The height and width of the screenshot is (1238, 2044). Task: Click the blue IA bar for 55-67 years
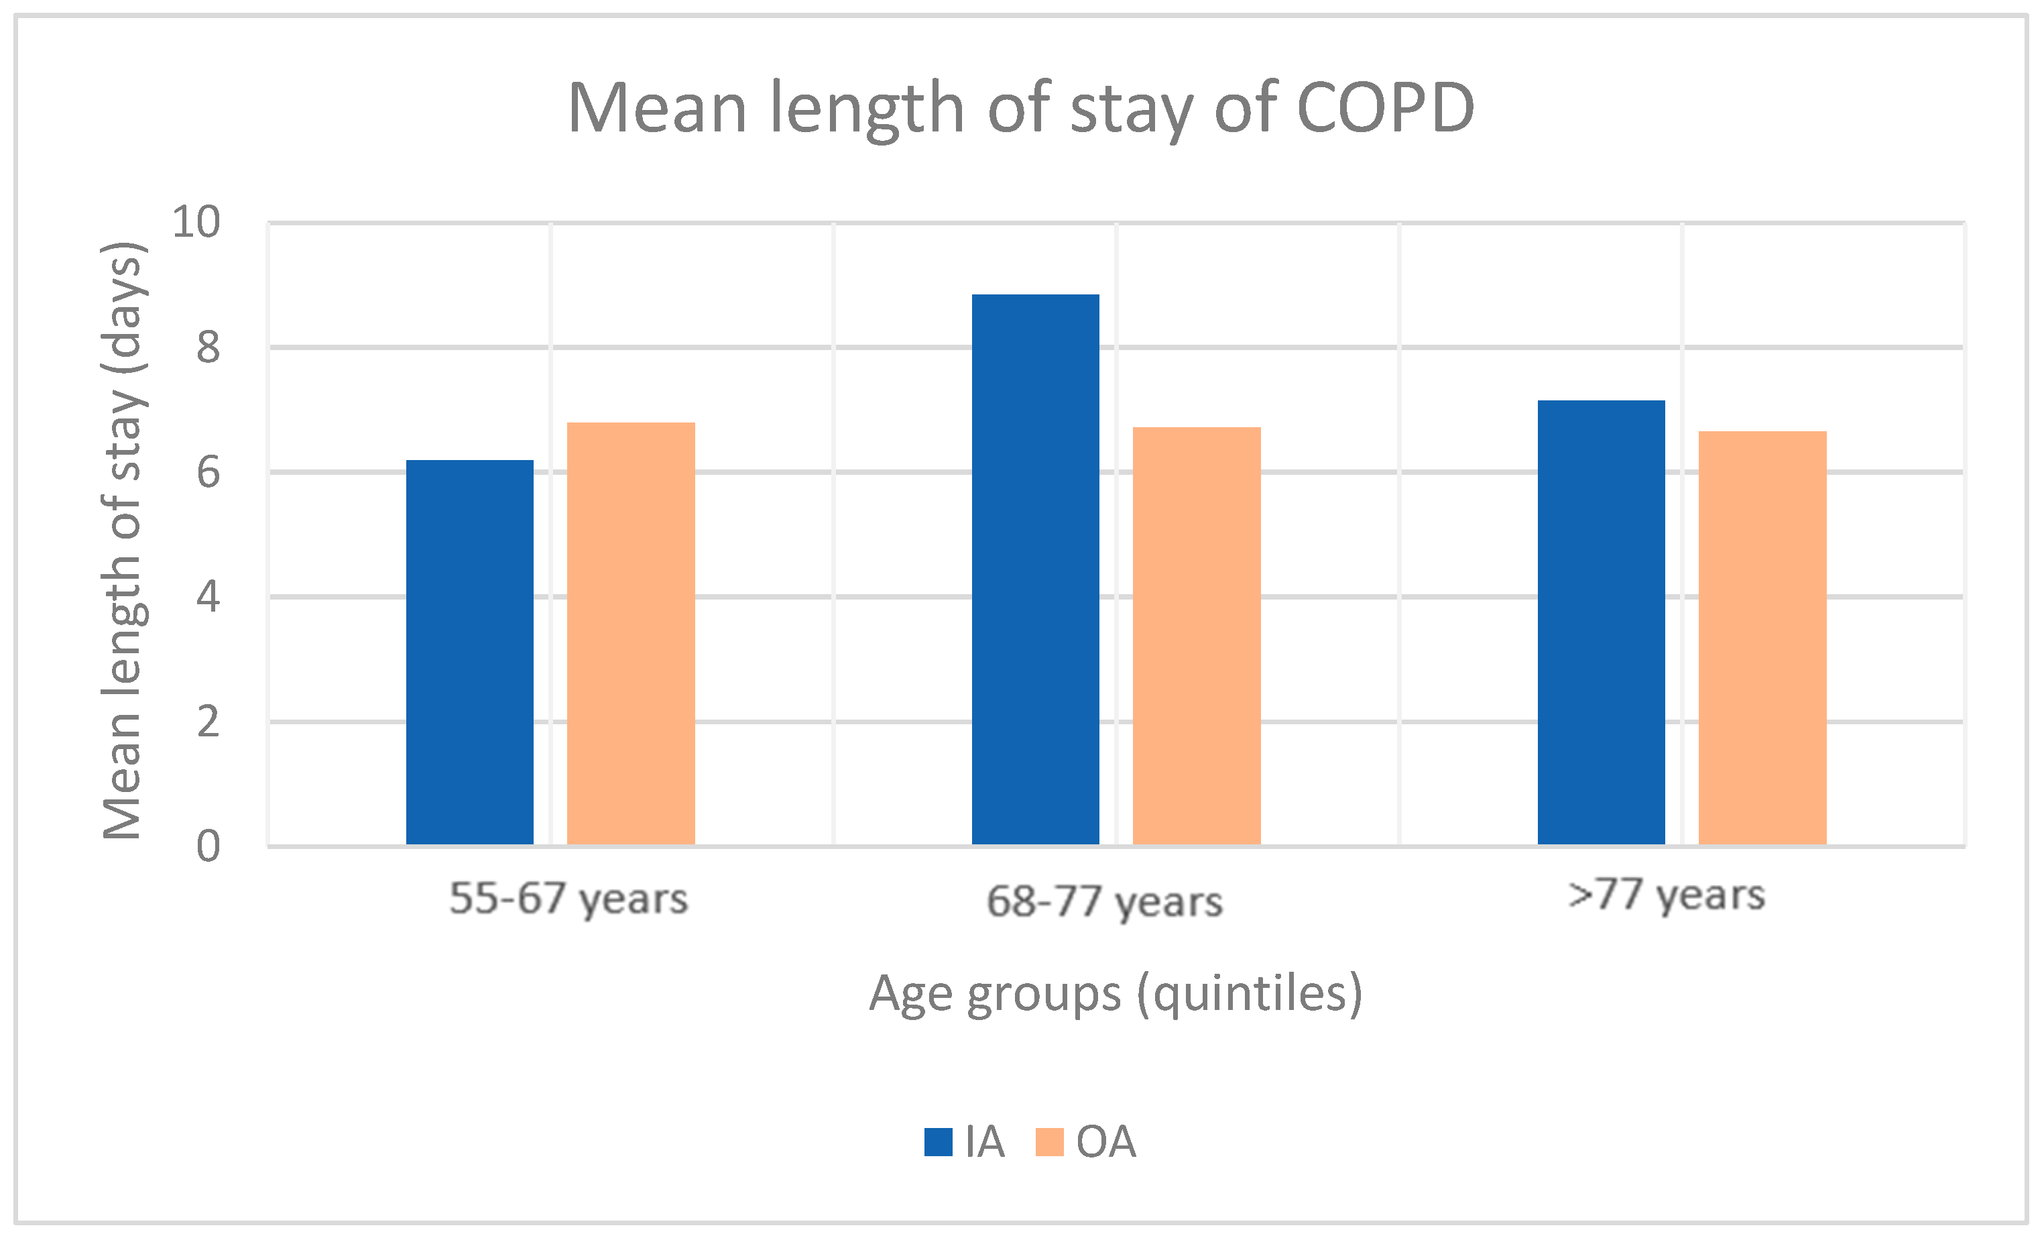[x=469, y=652]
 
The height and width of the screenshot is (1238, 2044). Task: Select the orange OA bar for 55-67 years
[x=630, y=633]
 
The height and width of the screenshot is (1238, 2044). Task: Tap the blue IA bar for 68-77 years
[x=1035, y=569]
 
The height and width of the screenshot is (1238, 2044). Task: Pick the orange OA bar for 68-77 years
[x=1196, y=636]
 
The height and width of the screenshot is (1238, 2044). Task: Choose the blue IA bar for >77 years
[x=1601, y=622]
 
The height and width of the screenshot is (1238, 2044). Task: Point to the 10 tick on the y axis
[x=196, y=223]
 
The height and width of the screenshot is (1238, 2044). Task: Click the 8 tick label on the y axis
[x=208, y=347]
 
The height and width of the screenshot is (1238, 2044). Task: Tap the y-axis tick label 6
[x=208, y=472]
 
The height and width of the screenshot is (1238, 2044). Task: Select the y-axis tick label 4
[x=208, y=597]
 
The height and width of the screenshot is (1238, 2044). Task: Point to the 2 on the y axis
[x=208, y=722]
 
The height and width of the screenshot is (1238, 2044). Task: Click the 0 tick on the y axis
[x=208, y=846]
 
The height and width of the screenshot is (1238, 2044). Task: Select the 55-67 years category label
[x=569, y=899]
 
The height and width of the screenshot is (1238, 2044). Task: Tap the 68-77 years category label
[x=1105, y=902]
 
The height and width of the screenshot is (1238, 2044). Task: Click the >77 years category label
[x=1667, y=895]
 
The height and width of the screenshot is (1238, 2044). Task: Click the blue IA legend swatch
[x=939, y=1141]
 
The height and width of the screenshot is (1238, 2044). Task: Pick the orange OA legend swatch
[x=1049, y=1141]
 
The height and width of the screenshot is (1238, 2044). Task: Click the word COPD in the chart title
[x=1385, y=108]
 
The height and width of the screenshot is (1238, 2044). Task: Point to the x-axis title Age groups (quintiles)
[x=1116, y=993]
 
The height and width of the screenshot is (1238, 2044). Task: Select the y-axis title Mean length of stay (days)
[x=125, y=540]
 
